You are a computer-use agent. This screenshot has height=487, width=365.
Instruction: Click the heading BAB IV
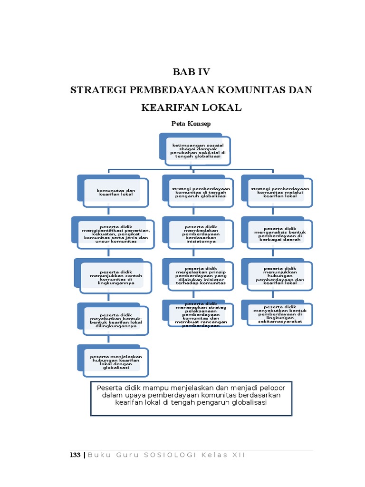tap(191, 72)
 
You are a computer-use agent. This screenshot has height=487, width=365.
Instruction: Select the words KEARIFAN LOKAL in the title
tap(191, 108)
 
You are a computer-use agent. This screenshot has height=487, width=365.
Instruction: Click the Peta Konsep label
tap(191, 124)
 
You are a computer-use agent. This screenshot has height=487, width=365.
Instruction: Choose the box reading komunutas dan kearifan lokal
tap(116, 193)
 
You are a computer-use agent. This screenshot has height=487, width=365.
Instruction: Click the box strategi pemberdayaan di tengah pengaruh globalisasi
tap(201, 192)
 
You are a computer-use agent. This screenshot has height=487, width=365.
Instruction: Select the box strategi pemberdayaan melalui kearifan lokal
tap(280, 192)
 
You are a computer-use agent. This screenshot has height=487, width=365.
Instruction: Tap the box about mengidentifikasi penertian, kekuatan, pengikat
tap(115, 234)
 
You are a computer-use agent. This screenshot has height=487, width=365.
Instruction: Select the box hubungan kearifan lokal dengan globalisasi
tap(116, 361)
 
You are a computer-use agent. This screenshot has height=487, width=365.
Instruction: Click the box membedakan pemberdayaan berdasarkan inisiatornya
tap(201, 234)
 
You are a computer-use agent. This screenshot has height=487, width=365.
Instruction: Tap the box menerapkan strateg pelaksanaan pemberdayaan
tap(201, 314)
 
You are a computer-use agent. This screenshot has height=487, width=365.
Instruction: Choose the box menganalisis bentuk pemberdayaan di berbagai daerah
tap(280, 234)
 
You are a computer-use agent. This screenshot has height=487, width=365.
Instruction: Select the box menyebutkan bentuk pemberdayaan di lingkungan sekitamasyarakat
tap(280, 314)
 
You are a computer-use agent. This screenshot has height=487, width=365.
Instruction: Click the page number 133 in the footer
tap(75, 455)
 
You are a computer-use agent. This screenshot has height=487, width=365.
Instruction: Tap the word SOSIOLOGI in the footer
tap(170, 455)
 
